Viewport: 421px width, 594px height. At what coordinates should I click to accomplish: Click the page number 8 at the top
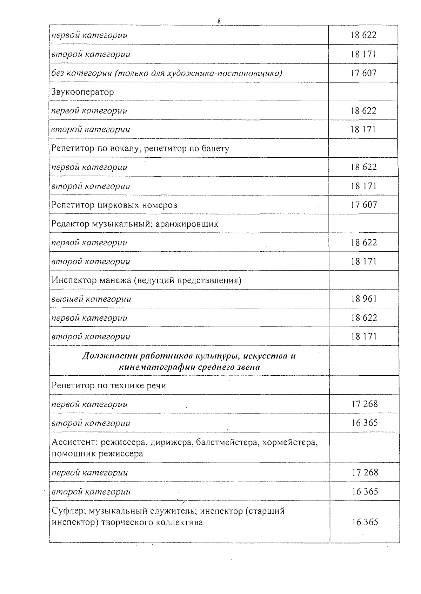pos(219,21)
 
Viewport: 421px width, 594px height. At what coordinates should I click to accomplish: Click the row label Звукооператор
pos(83,92)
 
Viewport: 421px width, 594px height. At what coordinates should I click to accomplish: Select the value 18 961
pos(363,299)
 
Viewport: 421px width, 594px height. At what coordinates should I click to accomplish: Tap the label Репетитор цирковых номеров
pos(114,205)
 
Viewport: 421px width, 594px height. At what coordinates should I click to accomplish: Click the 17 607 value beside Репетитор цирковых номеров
pos(363,205)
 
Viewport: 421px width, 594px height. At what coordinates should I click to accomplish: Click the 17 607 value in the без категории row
pos(363,73)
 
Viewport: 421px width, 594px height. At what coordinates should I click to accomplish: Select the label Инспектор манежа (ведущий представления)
pos(147,280)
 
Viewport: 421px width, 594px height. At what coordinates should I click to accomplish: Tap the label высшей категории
pos(91,299)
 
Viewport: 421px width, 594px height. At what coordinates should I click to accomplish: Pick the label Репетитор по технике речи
pos(109,385)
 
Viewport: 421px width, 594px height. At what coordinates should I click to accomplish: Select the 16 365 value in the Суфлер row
pos(365,522)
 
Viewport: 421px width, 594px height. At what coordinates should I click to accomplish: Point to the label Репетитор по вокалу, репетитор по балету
pos(140,148)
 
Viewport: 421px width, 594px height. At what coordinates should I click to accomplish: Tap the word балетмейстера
pos(227,443)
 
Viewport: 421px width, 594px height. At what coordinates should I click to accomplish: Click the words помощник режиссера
pos(97,454)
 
